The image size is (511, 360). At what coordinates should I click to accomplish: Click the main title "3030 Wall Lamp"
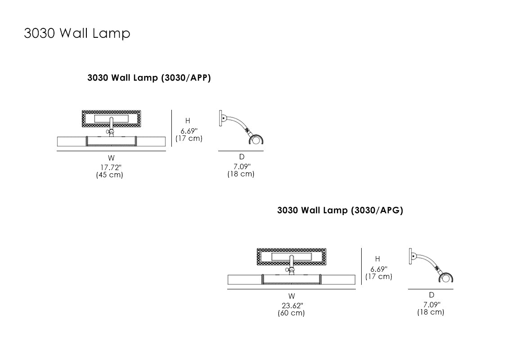pyautogui.click(x=77, y=33)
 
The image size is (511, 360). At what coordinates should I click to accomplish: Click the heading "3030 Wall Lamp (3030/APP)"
pyautogui.click(x=149, y=78)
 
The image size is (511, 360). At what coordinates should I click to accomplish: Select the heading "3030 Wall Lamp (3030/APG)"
pyautogui.click(x=340, y=210)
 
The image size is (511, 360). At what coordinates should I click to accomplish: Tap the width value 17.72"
pyautogui.click(x=111, y=167)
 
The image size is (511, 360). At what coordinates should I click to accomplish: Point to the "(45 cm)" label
pyautogui.click(x=109, y=175)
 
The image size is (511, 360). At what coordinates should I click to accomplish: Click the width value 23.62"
pyautogui.click(x=292, y=306)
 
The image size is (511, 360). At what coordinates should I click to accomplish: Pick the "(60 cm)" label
pyautogui.click(x=291, y=313)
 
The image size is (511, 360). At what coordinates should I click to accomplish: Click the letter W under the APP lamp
pyautogui.click(x=111, y=158)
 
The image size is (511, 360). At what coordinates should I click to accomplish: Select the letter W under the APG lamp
pyautogui.click(x=292, y=296)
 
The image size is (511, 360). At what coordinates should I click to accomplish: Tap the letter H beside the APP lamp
pyautogui.click(x=188, y=121)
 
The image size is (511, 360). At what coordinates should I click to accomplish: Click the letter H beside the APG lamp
pyautogui.click(x=377, y=259)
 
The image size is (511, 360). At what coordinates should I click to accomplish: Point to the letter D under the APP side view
pyautogui.click(x=242, y=157)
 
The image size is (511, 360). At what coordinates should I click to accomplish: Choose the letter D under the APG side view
pyautogui.click(x=431, y=295)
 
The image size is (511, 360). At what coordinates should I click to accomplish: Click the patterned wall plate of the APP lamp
pyautogui.click(x=88, y=119)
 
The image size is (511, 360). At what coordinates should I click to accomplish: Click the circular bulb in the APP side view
pyautogui.click(x=256, y=140)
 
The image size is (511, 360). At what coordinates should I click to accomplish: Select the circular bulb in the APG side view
pyautogui.click(x=446, y=279)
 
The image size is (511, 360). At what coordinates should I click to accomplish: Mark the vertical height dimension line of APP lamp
pyautogui.click(x=172, y=128)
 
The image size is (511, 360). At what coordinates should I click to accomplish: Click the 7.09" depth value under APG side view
pyautogui.click(x=431, y=305)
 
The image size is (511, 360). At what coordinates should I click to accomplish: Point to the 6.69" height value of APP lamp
pyautogui.click(x=189, y=131)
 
